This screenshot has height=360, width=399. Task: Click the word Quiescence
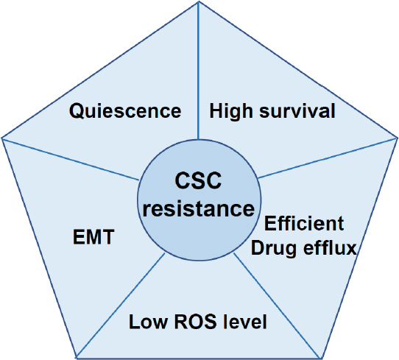(x=125, y=111)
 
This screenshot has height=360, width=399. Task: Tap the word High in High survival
(x=231, y=111)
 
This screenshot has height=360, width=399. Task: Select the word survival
(x=297, y=110)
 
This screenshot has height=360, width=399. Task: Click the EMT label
(x=93, y=237)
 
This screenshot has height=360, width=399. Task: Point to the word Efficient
(x=304, y=223)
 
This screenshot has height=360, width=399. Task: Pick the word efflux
(x=331, y=247)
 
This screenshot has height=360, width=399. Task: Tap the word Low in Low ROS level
(x=149, y=322)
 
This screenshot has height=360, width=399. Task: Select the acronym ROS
(x=195, y=322)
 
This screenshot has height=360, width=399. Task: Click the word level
(x=245, y=322)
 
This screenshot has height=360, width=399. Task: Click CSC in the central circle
(x=198, y=180)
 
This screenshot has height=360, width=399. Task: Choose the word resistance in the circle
(x=199, y=208)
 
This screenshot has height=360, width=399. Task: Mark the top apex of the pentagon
(x=199, y=1)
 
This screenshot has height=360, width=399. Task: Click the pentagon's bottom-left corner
(x=77, y=358)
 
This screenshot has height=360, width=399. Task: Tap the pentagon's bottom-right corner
(x=319, y=358)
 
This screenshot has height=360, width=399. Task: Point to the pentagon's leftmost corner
(x=2, y=138)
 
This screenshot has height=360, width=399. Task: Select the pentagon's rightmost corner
(x=397, y=138)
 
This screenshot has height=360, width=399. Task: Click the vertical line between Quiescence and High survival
(x=198, y=70)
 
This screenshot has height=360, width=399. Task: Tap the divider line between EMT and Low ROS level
(x=121, y=305)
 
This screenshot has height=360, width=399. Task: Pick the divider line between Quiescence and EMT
(x=71, y=159)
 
